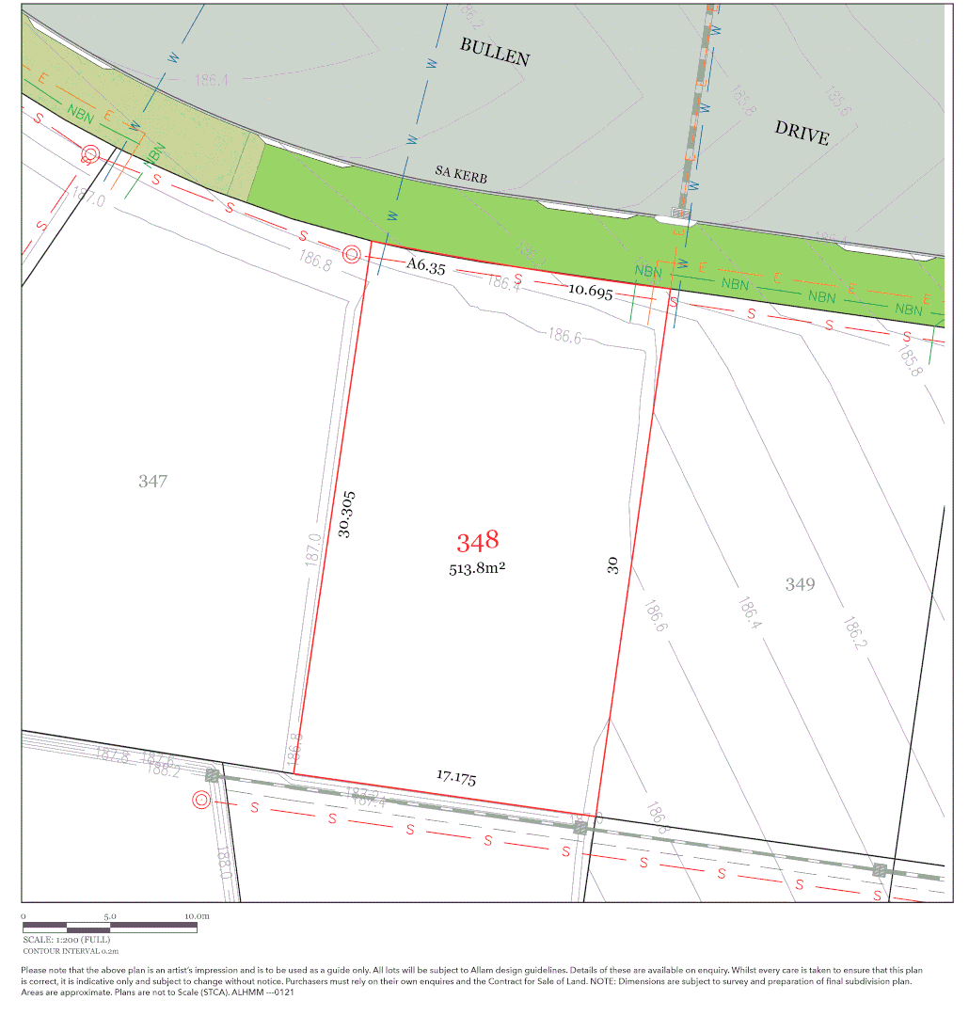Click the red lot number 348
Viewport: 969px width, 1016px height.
(477, 541)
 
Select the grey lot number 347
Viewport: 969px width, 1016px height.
(152, 481)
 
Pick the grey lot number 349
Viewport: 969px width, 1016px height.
(800, 584)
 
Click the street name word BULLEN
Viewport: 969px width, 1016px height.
(495, 52)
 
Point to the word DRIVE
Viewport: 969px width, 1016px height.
(802, 133)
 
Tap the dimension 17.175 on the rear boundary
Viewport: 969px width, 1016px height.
(456, 777)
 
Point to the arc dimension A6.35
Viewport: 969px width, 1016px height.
(426, 266)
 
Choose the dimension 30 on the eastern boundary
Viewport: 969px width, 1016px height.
(612, 565)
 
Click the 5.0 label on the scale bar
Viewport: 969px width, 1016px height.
(109, 915)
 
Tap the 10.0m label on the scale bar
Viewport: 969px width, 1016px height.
(196, 915)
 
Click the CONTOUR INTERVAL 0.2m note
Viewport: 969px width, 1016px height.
(71, 951)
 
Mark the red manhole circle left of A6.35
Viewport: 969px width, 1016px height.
(352, 254)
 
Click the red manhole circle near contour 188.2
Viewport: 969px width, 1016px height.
(200, 800)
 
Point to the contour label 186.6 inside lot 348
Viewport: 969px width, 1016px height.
(563, 337)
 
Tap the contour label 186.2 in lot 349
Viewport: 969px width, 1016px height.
(853, 632)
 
